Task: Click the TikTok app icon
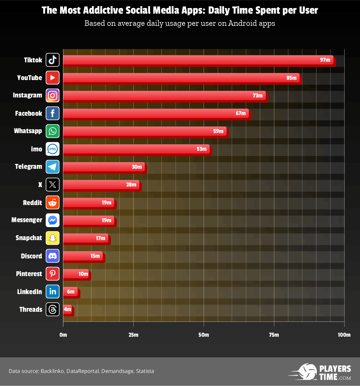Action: (x=53, y=60)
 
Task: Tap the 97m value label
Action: (x=325, y=60)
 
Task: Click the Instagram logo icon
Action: (x=53, y=95)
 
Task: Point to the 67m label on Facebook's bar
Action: (x=241, y=113)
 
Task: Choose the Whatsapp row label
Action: (x=28, y=131)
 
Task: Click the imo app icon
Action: (x=53, y=149)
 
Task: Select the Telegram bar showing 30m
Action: (x=105, y=167)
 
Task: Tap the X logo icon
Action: (x=53, y=185)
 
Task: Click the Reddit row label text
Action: (x=33, y=203)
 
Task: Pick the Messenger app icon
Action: (x=53, y=220)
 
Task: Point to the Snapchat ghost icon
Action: (x=53, y=238)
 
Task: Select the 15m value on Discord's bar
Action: (x=95, y=256)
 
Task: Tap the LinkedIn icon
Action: (x=53, y=291)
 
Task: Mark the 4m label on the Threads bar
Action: (x=68, y=309)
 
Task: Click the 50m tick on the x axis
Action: (x=204, y=335)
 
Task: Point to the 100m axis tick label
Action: (x=344, y=335)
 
